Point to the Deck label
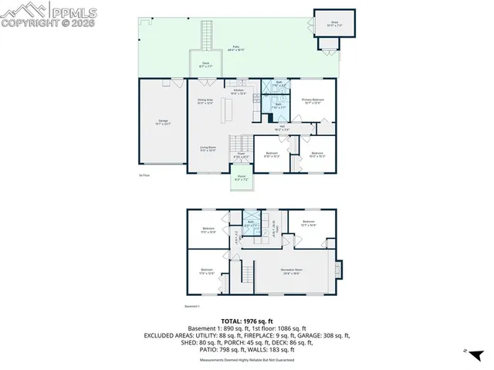click(x=206, y=65)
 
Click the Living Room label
click(x=208, y=149)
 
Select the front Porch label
click(x=241, y=179)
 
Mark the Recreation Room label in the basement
click(x=293, y=272)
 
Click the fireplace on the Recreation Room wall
click(x=337, y=270)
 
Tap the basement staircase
click(x=247, y=273)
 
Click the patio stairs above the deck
click(x=206, y=35)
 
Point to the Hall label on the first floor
click(x=283, y=128)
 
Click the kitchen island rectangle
click(x=227, y=111)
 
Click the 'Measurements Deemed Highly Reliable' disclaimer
click(x=246, y=359)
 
